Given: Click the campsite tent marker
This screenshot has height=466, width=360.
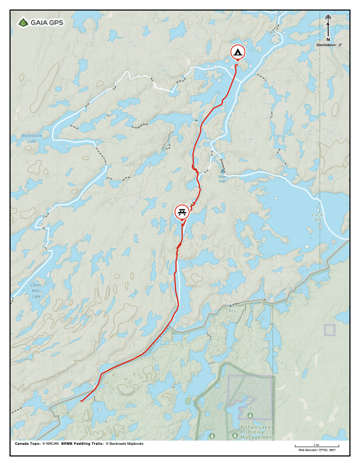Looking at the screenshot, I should (237, 52).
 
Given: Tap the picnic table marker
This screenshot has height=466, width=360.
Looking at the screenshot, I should (182, 211).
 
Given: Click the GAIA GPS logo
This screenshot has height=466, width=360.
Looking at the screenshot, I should (41, 23).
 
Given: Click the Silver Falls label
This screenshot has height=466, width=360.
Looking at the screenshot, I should (222, 177).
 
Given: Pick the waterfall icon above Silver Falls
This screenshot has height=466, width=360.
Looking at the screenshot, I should (222, 171).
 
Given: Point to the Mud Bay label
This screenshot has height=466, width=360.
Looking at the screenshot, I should (232, 308).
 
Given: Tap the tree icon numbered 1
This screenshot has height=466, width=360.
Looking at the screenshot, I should (212, 436).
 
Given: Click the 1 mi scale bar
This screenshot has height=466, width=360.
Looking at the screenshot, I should (316, 446).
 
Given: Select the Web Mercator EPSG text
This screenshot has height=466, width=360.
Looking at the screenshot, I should (316, 450).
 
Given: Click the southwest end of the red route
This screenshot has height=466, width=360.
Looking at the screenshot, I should (81, 401).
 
